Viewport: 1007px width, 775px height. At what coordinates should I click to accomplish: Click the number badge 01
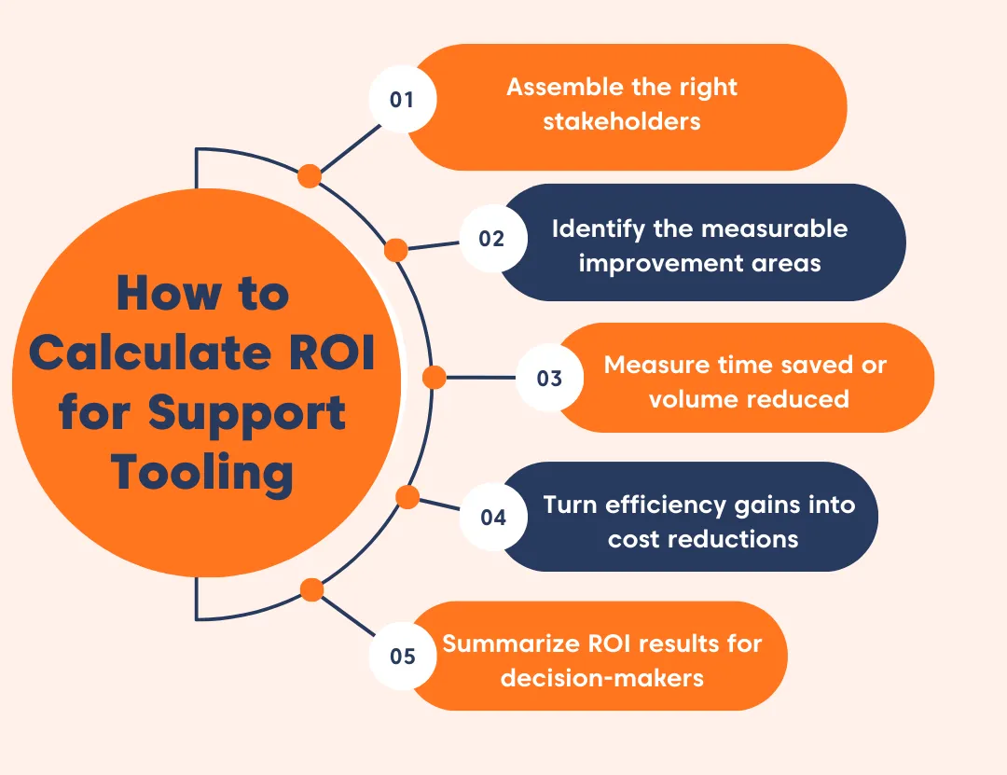402,99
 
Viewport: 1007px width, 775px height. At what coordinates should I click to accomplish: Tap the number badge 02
491,239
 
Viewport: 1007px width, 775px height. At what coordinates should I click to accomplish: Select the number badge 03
549,378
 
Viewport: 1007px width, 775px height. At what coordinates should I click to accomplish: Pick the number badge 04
493,516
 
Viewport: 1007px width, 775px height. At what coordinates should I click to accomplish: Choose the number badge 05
403,656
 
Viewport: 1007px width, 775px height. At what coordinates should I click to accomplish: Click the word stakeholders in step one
622,120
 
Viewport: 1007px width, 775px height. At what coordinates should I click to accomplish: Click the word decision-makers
601,677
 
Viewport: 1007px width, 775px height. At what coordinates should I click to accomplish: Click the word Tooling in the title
203,472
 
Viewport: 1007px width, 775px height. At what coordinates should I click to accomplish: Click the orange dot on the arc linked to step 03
434,378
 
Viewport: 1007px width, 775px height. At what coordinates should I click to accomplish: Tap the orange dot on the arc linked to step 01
310,175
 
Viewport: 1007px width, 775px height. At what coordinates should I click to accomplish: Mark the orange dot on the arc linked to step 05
312,589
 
